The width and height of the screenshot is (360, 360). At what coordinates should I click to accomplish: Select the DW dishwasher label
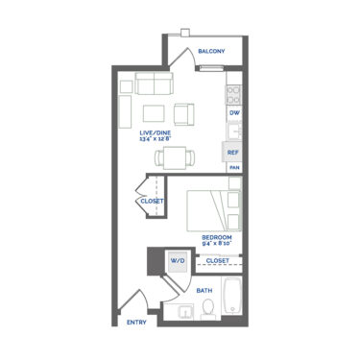pyautogui.click(x=233, y=112)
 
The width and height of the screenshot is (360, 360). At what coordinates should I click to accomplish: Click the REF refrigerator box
pyautogui.click(x=232, y=152)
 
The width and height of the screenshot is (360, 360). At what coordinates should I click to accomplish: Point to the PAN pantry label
pyautogui.click(x=233, y=168)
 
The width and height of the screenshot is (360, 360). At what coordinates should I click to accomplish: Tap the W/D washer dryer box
pyautogui.click(x=178, y=260)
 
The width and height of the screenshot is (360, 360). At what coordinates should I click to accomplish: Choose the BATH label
pyautogui.click(x=204, y=289)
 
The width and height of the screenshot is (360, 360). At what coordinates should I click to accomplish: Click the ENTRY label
pyautogui.click(x=136, y=322)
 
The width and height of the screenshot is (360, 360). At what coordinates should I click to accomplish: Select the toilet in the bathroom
pyautogui.click(x=208, y=308)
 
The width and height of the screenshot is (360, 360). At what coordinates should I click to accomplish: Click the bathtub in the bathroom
pyautogui.click(x=231, y=297)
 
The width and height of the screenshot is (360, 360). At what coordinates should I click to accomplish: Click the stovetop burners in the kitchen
pyautogui.click(x=233, y=94)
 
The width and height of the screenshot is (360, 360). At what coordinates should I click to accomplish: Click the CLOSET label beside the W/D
pyautogui.click(x=217, y=260)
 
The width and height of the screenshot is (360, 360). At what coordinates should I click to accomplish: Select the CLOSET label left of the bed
pyautogui.click(x=152, y=201)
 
